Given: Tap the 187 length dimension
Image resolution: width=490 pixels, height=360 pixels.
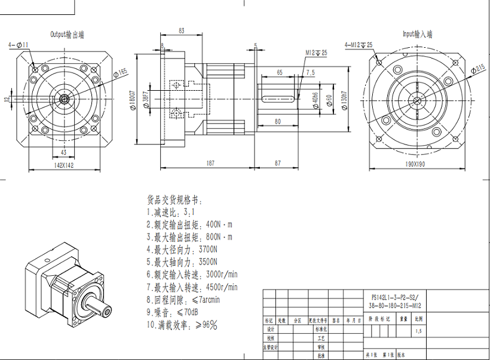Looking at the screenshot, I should click(x=210, y=162).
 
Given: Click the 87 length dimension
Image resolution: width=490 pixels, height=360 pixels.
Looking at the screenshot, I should click(x=278, y=162).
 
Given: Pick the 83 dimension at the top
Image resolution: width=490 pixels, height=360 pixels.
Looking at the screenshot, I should click(x=181, y=31).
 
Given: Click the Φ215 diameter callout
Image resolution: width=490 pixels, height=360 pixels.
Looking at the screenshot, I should click(x=479, y=69).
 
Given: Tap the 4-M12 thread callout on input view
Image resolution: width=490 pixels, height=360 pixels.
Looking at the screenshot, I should click(x=359, y=45).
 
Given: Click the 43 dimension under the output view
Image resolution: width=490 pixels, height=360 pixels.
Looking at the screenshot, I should click(x=63, y=153).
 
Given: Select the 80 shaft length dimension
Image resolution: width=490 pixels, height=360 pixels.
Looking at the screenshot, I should click(x=278, y=121).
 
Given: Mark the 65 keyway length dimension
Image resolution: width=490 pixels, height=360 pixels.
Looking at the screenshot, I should click(x=279, y=72).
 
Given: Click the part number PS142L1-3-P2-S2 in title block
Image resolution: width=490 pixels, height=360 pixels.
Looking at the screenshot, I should click(x=396, y=297).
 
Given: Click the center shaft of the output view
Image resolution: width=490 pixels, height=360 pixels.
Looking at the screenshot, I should click(x=63, y=98).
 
